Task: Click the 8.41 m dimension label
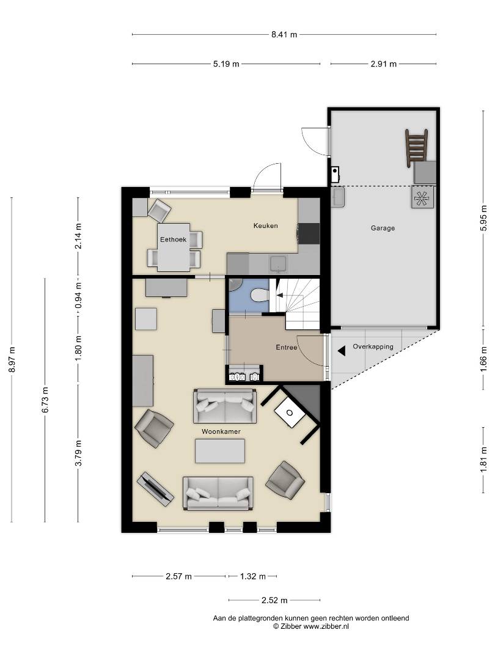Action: tap(284, 34)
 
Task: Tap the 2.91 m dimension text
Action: tap(383, 64)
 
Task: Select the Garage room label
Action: tap(383, 228)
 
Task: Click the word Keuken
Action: tap(266, 226)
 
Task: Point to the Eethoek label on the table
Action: tap(173, 240)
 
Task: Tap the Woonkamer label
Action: tap(221, 431)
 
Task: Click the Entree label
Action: tap(286, 347)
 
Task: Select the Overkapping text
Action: tap(373, 347)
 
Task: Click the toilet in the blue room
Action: tap(259, 295)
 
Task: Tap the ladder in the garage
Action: tap(416, 148)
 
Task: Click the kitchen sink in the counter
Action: tap(278, 265)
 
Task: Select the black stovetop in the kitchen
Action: tap(309, 233)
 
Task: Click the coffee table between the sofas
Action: tap(220, 451)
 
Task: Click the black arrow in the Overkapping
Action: tap(342, 350)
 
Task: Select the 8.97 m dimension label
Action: tap(12, 359)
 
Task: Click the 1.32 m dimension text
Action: tap(252, 576)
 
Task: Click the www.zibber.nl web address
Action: tap(326, 626)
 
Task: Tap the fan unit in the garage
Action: tap(423, 197)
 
